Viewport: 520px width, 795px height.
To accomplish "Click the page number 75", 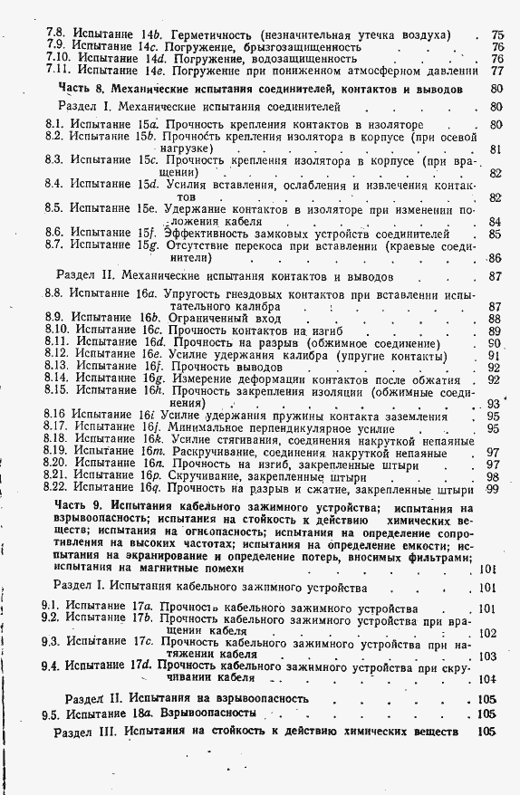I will click(x=497, y=34).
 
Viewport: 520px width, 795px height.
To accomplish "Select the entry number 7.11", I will click(x=58, y=69).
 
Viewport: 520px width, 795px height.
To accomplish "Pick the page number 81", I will click(x=496, y=149).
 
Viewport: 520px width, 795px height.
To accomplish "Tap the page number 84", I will click(x=496, y=221).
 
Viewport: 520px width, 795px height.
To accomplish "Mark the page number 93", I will click(x=494, y=404).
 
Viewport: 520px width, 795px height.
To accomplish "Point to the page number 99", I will click(x=493, y=489).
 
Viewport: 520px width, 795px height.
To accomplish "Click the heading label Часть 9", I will click(x=81, y=508).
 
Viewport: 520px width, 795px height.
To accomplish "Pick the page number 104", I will click(x=490, y=678).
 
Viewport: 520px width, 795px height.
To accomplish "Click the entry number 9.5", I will click(x=52, y=714).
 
